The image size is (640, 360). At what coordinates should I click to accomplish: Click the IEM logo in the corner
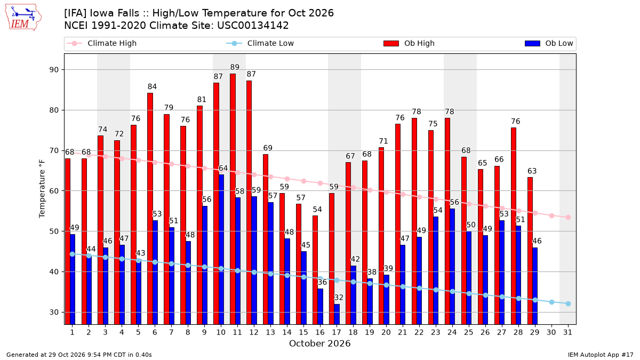[23, 18]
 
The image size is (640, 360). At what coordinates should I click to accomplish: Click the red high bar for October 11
[233, 199]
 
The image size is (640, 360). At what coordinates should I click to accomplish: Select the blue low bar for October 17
[337, 314]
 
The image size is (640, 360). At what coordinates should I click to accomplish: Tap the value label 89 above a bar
[235, 67]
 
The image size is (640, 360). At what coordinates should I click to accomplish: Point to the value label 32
[339, 298]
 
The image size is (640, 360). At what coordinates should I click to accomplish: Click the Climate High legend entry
[101, 43]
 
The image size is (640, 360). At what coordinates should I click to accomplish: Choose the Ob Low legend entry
[549, 43]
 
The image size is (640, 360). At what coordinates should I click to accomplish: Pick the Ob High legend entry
[409, 43]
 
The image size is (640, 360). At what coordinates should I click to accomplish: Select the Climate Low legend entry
[260, 43]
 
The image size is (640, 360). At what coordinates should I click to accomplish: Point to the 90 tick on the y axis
[54, 70]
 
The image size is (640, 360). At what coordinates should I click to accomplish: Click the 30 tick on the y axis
[54, 312]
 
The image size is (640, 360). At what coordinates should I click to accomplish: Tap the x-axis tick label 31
[567, 332]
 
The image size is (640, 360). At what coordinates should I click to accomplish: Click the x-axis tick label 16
[320, 332]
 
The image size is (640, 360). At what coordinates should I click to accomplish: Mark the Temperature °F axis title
[42, 189]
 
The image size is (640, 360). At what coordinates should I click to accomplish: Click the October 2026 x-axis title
[319, 343]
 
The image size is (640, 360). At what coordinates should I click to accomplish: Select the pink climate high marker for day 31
[568, 218]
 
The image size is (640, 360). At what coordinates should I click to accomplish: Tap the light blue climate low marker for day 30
[551, 302]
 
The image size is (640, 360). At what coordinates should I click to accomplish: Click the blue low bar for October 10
[221, 250]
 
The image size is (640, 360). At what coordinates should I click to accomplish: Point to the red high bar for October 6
[150, 209]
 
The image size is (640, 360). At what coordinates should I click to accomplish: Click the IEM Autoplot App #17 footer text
[601, 355]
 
